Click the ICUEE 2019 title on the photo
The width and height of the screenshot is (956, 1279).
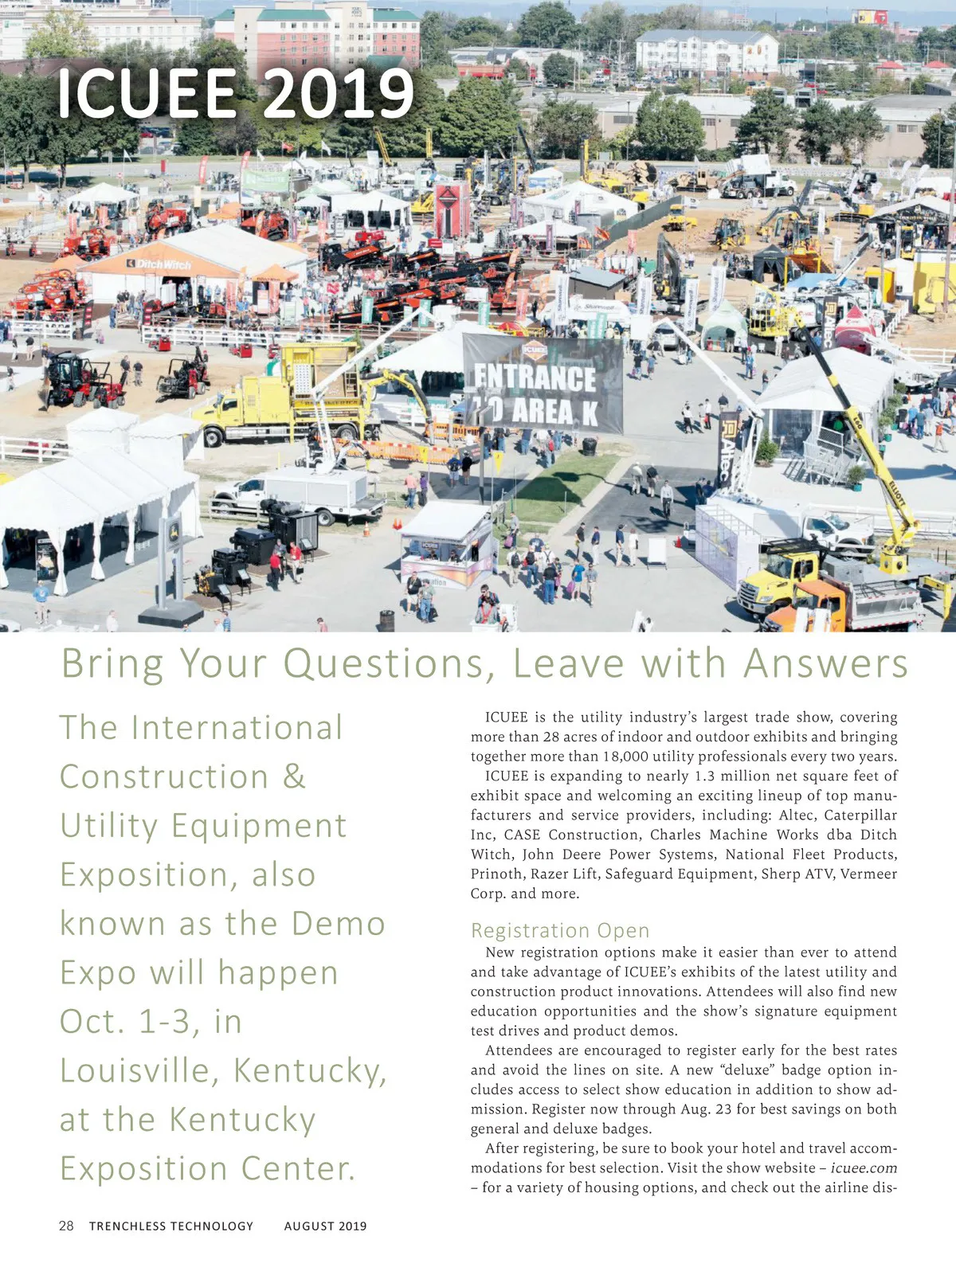(235, 94)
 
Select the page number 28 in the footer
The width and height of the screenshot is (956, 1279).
(66, 1226)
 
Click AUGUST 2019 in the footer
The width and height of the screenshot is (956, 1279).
(325, 1226)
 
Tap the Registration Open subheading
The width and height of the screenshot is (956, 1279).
(559, 930)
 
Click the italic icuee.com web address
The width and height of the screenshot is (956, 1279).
(864, 1168)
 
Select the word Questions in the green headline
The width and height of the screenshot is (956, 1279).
(390, 663)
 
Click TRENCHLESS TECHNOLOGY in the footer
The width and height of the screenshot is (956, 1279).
(170, 1226)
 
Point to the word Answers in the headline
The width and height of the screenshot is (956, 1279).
(825, 663)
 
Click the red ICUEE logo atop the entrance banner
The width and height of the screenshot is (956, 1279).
(535, 349)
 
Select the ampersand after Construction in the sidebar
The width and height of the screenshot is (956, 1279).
(294, 777)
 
